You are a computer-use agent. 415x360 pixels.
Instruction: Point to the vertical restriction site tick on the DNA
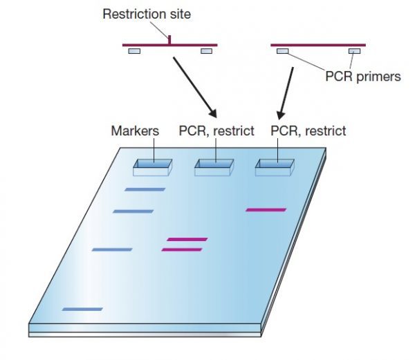[169, 39]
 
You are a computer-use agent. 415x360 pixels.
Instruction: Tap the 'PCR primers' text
[362, 76]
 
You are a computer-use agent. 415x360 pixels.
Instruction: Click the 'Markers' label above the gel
[136, 131]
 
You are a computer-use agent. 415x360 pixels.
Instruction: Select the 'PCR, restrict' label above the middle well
[216, 131]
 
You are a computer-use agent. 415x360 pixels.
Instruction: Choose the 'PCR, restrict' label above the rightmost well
[308, 131]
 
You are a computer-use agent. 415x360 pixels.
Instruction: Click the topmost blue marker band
[145, 189]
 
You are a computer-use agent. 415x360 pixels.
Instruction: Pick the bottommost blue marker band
[82, 309]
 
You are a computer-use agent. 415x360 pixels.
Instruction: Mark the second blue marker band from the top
[133, 211]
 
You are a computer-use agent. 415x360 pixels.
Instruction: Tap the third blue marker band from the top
[112, 249]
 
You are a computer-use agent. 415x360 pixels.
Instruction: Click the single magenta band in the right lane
[266, 209]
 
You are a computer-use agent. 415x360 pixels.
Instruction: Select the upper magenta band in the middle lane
[187, 239]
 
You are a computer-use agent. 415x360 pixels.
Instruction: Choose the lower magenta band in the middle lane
[181, 249]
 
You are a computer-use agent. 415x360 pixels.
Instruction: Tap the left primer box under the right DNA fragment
[283, 51]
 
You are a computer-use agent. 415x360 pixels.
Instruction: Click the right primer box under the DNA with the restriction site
[206, 51]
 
